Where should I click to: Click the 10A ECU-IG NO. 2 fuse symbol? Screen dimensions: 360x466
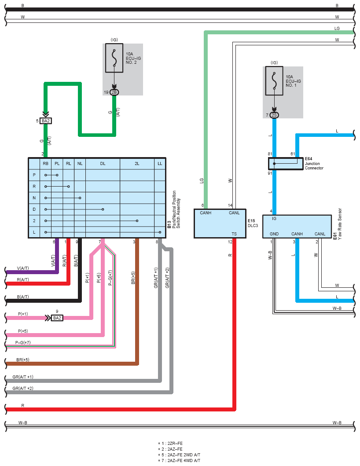114,58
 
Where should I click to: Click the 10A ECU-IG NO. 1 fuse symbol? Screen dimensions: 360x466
274,81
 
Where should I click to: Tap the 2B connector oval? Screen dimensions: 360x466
114,92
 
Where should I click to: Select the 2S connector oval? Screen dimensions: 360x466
274,115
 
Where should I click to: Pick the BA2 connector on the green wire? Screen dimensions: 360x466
46,121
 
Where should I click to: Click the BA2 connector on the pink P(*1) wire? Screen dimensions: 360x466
57,318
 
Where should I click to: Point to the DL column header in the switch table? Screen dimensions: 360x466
103,164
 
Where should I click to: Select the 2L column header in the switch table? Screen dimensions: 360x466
137,164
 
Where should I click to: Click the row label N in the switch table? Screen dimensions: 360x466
34,198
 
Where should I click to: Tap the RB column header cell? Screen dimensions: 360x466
45,164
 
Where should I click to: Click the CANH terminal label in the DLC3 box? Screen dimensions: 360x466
206,213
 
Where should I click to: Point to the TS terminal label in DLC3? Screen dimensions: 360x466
234,234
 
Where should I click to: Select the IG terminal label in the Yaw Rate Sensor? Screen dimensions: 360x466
274,218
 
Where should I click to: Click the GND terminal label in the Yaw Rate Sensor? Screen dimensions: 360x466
274,234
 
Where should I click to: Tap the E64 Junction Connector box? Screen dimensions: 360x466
286,164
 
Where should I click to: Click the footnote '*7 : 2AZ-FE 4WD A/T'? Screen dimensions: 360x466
179,460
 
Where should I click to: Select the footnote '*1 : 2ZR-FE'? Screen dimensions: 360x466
170,444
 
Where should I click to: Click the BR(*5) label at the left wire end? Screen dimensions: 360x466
23,360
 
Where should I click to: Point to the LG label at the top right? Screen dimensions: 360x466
337,29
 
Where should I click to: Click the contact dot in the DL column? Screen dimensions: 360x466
103,209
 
